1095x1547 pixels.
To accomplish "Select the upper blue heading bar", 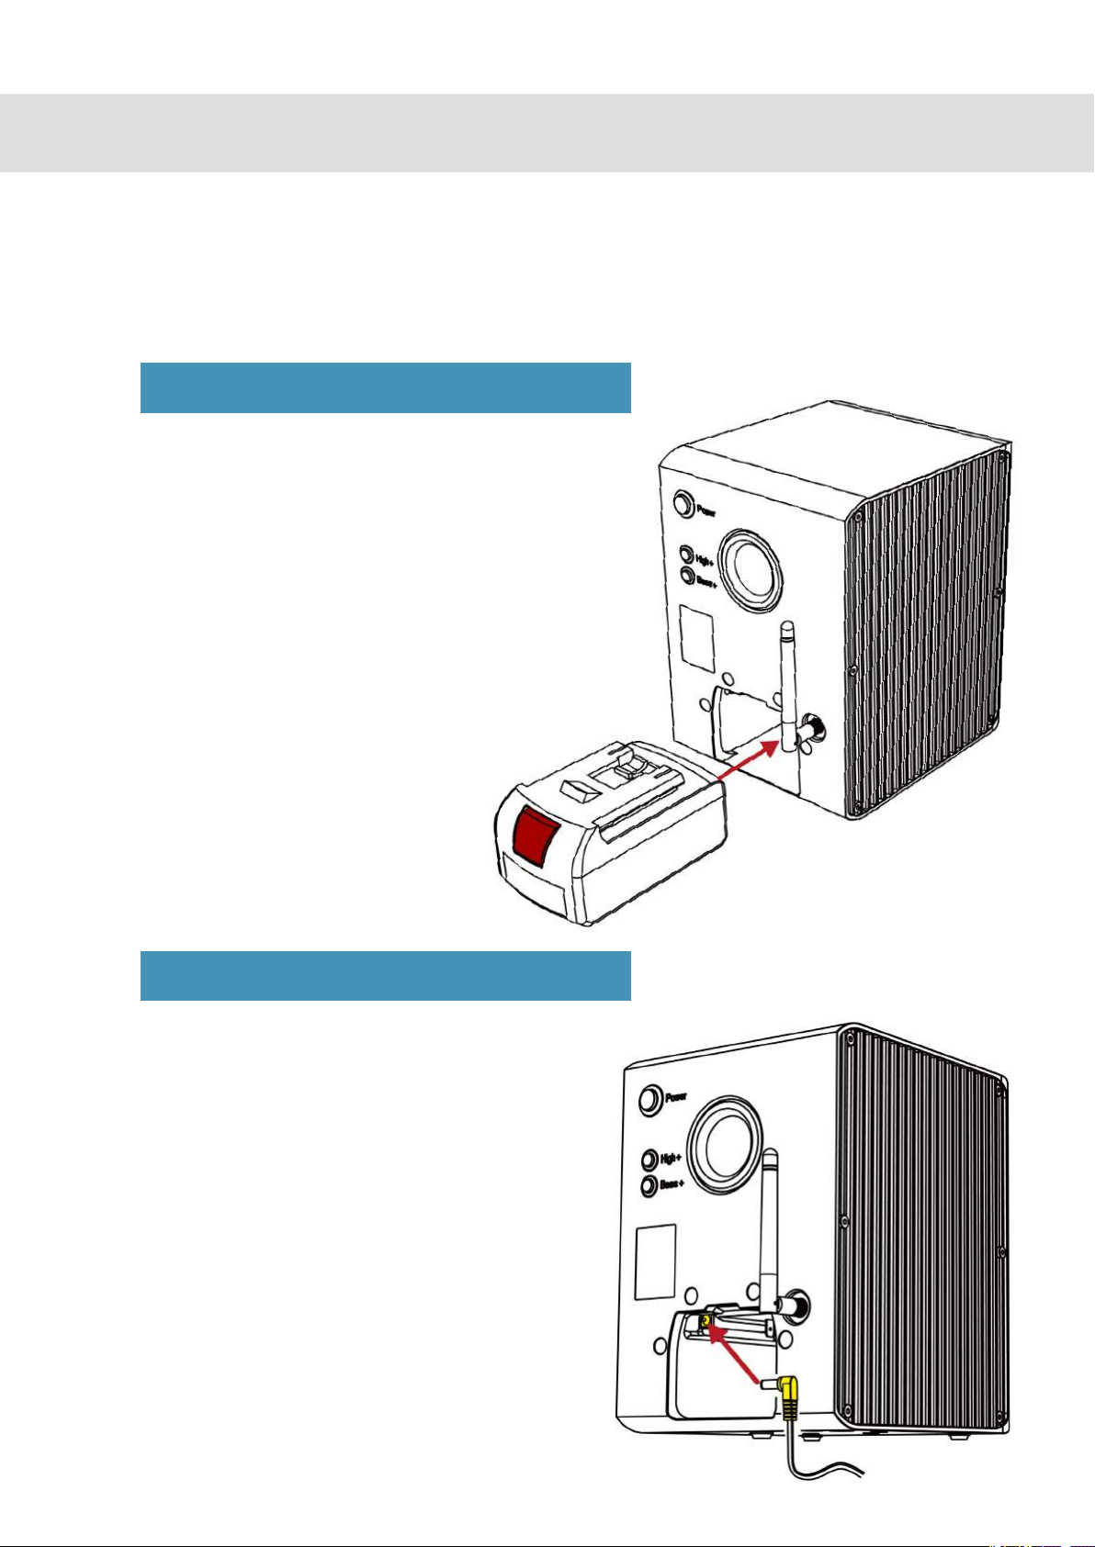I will click(x=385, y=387).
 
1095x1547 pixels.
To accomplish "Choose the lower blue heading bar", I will click(x=385, y=975).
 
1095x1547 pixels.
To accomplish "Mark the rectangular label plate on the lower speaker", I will click(x=656, y=1262).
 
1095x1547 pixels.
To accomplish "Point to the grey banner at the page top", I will click(x=547, y=132).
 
